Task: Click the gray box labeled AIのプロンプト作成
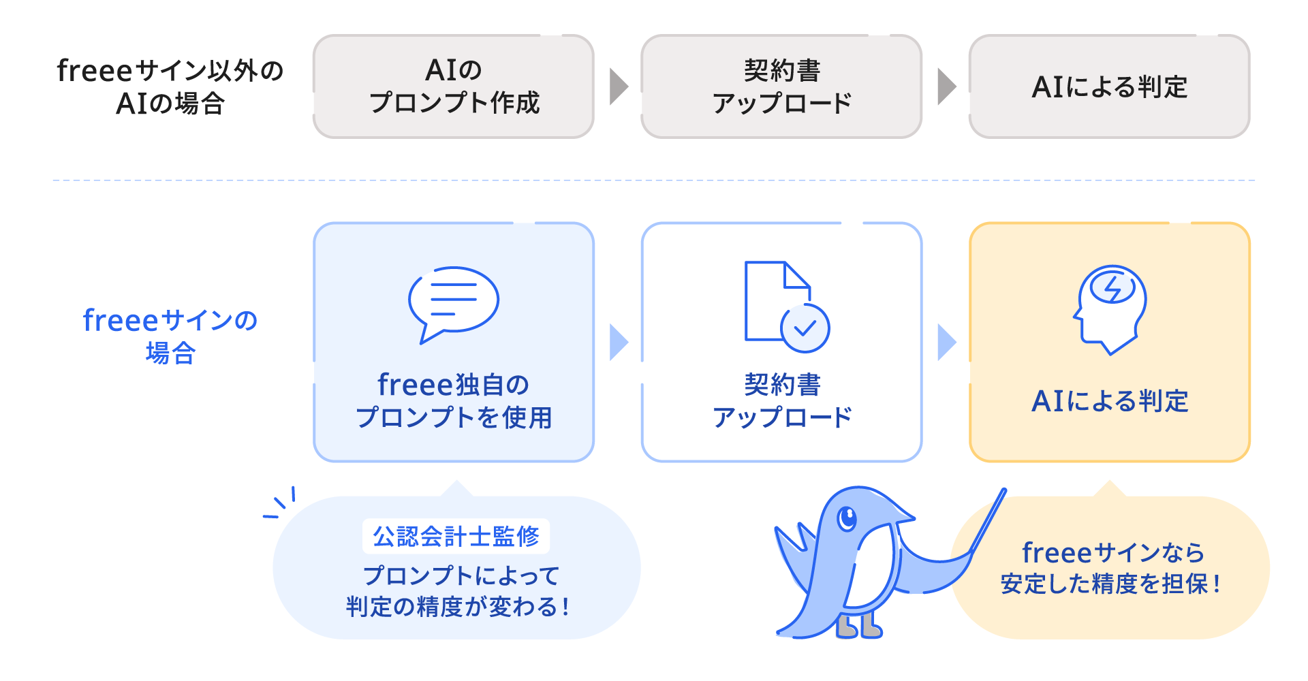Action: click(x=453, y=86)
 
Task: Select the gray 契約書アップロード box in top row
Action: click(x=781, y=86)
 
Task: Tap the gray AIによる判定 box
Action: click(x=1109, y=86)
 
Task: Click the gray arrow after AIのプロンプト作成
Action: click(x=617, y=86)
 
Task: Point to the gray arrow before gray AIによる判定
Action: click(x=946, y=86)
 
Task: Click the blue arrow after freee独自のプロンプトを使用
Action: click(x=617, y=342)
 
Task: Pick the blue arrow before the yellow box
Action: click(x=946, y=342)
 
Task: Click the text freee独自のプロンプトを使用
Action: click(x=453, y=401)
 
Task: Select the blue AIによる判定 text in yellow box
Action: click(x=1109, y=401)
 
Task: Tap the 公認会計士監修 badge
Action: click(x=456, y=537)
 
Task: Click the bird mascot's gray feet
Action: click(x=858, y=628)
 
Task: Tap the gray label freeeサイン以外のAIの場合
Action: click(x=170, y=86)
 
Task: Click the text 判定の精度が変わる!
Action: click(x=457, y=606)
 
